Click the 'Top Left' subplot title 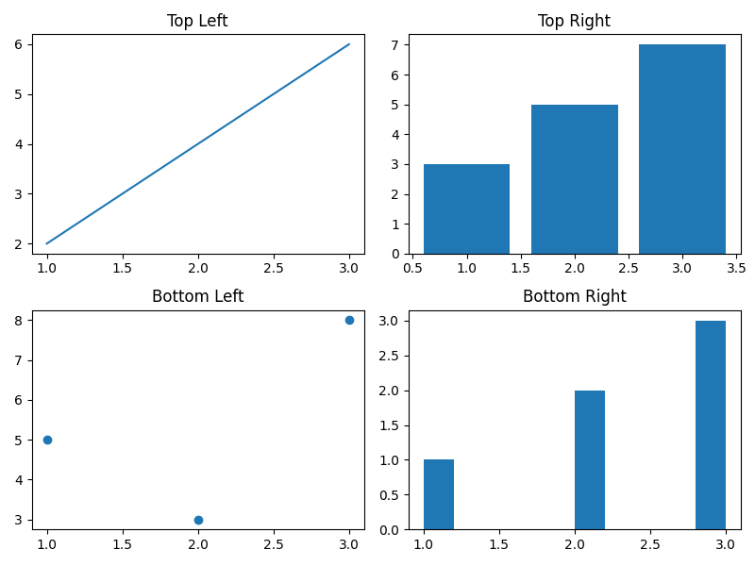[x=197, y=21]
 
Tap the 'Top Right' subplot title [x=574, y=21]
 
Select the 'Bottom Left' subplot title [x=197, y=296]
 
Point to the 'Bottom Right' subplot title [x=574, y=296]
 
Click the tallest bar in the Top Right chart [x=681, y=149]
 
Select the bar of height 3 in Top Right [x=466, y=208]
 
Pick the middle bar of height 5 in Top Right [x=574, y=179]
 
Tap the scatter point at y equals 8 [x=349, y=320]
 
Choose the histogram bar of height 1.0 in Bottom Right [x=439, y=494]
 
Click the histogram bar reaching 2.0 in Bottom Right [x=590, y=459]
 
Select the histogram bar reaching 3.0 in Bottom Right [x=711, y=424]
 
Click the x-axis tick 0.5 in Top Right [x=412, y=268]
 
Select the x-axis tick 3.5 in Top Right [x=735, y=268]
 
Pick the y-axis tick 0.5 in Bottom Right [x=392, y=495]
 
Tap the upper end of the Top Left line [x=349, y=43]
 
